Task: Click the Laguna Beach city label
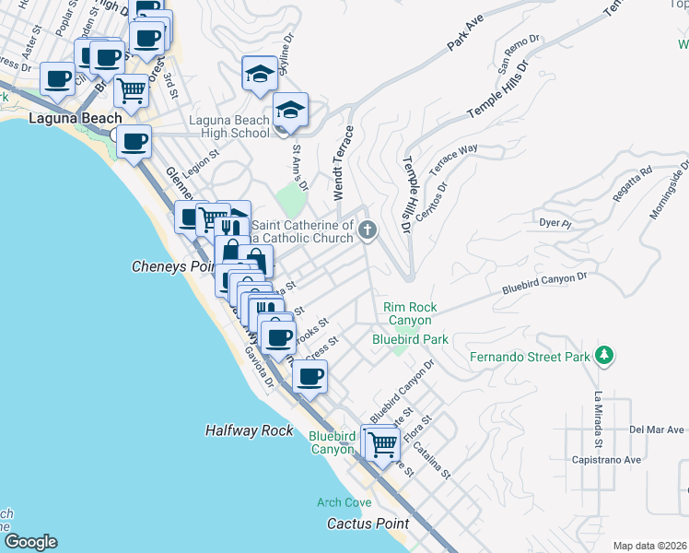76,119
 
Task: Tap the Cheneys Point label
172,266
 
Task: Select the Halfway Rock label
249,430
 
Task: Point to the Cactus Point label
368,524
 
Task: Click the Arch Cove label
344,502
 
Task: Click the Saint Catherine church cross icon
368,230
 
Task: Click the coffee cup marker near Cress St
309,375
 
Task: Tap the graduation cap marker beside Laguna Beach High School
290,111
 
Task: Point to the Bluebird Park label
410,339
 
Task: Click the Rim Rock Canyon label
411,313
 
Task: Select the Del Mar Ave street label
658,429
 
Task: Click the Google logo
30,542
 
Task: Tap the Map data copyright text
649,546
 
